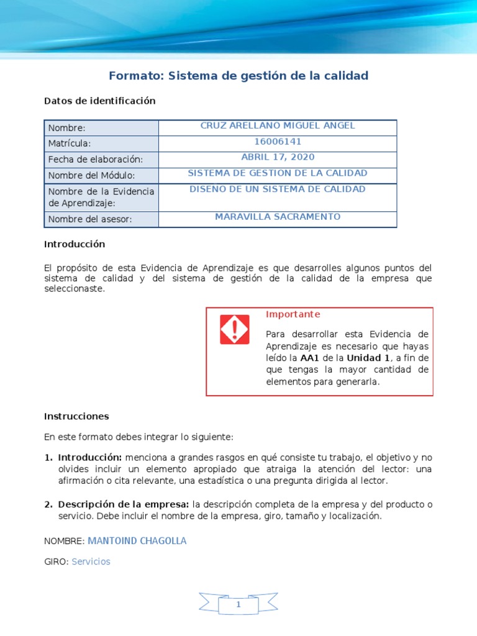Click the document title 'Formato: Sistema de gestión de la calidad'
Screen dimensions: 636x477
pos(238,76)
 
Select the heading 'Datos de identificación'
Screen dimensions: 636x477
pos(99,101)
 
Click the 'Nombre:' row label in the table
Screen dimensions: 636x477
pos(66,128)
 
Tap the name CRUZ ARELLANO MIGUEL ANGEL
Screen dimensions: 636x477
pos(278,125)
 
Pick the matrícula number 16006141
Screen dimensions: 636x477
pos(278,142)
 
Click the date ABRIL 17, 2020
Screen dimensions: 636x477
pos(278,157)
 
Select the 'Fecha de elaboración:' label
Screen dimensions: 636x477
pos(95,160)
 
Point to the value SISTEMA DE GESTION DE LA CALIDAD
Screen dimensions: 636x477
pos(278,173)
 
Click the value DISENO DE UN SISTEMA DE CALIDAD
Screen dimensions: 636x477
pos(278,189)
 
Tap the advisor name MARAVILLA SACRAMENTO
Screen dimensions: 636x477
pos(278,217)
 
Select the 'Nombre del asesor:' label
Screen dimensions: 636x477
pos(90,219)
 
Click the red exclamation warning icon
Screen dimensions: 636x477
pos(234,330)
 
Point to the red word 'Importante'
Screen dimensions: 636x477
pos(293,314)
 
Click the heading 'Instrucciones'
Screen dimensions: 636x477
pos(76,416)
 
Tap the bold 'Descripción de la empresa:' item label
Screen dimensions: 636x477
pos(124,504)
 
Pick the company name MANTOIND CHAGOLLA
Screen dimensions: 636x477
pos(137,541)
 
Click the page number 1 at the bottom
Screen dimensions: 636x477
pos(238,604)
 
